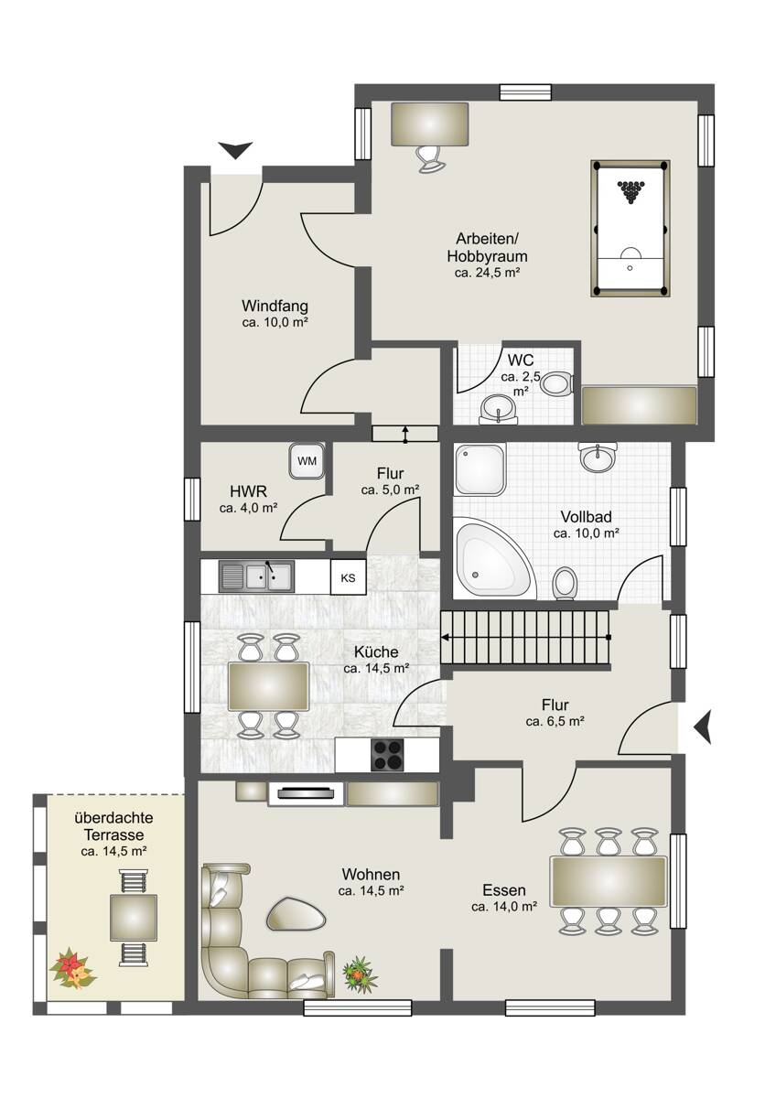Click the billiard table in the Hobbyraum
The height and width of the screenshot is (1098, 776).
pyautogui.click(x=630, y=228)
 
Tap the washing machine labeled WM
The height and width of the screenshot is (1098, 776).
pyautogui.click(x=307, y=461)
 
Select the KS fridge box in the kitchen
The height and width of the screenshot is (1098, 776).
pyautogui.click(x=348, y=577)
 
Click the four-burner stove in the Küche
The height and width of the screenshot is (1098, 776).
pyautogui.click(x=387, y=754)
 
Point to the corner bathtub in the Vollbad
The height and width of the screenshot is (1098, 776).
pyautogui.click(x=492, y=559)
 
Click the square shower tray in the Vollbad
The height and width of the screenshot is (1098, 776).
pyautogui.click(x=480, y=469)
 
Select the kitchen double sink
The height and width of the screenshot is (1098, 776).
pyautogui.click(x=256, y=576)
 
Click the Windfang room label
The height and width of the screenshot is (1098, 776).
pyautogui.click(x=275, y=306)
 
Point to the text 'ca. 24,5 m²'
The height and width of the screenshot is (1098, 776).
pyautogui.click(x=487, y=273)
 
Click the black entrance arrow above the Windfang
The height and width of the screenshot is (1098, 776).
pyautogui.click(x=235, y=150)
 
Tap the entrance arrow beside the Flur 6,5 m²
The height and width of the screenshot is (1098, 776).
pyautogui.click(x=702, y=728)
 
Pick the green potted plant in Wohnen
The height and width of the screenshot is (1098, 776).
pyautogui.click(x=361, y=971)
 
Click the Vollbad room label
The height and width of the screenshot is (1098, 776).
pyautogui.click(x=586, y=517)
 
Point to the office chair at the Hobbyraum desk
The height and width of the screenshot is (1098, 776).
pyautogui.click(x=430, y=159)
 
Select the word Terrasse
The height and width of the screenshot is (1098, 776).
pyautogui.click(x=113, y=834)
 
